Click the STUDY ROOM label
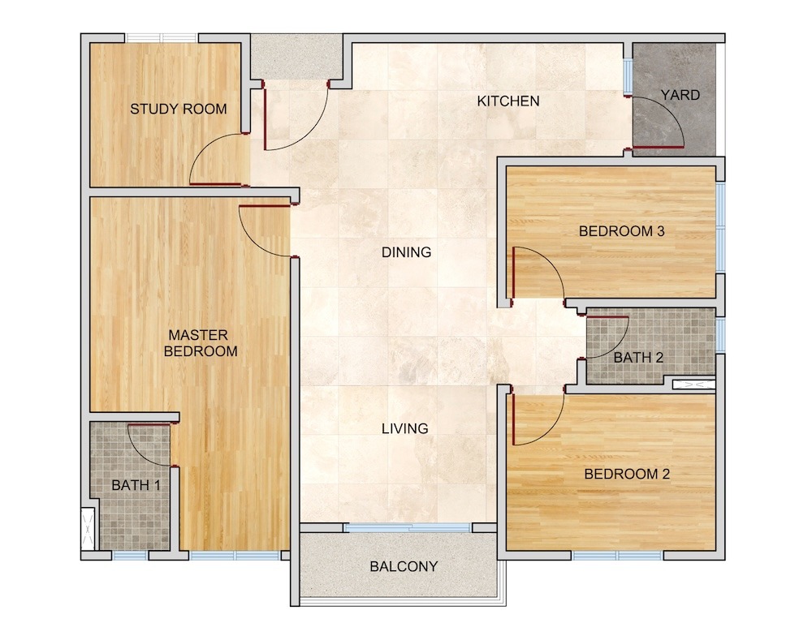click(x=178, y=110)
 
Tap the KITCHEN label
click(x=508, y=101)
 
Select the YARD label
click(x=680, y=95)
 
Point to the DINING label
click(x=407, y=252)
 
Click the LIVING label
click(x=405, y=428)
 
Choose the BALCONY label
click(x=404, y=567)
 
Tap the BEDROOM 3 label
click(x=621, y=231)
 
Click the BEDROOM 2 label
click(x=627, y=474)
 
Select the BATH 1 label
click(x=136, y=485)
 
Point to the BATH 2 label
click(x=638, y=357)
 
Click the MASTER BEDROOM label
click(x=201, y=343)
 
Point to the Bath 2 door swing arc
click(x=617, y=346)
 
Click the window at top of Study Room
click(x=162, y=38)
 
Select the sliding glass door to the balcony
click(x=408, y=528)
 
